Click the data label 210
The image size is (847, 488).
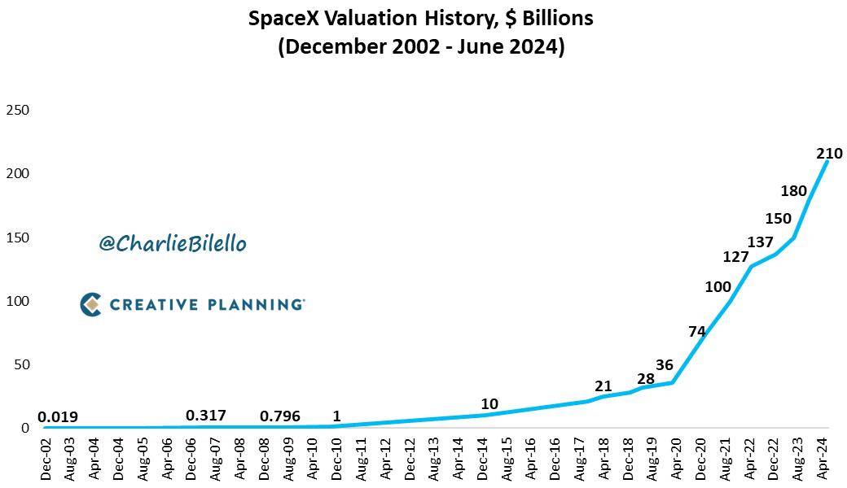point(829,153)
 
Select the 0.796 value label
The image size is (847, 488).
point(279,416)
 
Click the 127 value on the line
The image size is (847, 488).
point(735,258)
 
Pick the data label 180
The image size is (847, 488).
point(793,191)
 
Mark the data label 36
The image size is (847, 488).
point(665,366)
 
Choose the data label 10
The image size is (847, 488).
point(489,404)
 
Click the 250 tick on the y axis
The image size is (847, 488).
point(18,110)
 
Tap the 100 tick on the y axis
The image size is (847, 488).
point(18,301)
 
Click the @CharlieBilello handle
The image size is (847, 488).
point(172,243)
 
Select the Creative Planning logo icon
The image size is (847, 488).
point(90,304)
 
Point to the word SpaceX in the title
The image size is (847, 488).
point(283,18)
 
